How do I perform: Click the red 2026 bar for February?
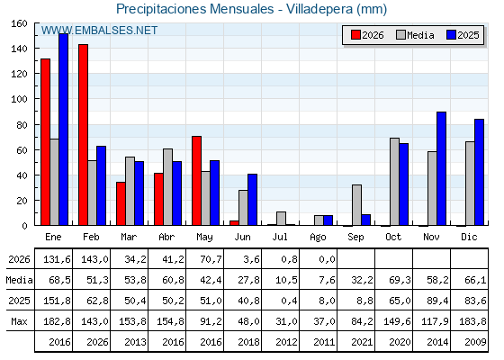[x=83, y=135]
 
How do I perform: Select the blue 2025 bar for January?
[x=64, y=130]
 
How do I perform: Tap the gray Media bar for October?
[x=395, y=182]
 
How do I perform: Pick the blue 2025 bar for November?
[x=442, y=168]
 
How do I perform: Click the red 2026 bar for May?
[x=197, y=181]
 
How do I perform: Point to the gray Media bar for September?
[x=356, y=205]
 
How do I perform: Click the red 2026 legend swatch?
[x=355, y=35]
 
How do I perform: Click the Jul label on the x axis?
[x=280, y=238]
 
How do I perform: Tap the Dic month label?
[x=469, y=238]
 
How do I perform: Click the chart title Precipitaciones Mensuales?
[x=195, y=9]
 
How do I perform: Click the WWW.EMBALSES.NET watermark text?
[x=99, y=31]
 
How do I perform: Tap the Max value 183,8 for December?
[x=472, y=321]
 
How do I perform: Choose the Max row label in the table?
[x=19, y=321]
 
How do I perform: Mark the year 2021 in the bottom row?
[x=362, y=342]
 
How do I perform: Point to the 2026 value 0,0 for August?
[x=328, y=259]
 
